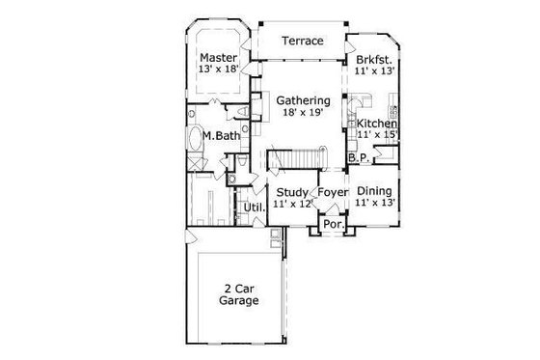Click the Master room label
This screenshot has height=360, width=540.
tap(219, 56)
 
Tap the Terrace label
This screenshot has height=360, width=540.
tap(302, 42)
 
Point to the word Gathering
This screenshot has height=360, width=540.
tap(304, 100)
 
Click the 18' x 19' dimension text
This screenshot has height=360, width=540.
tap(304, 113)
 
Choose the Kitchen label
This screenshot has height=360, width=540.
tap(378, 125)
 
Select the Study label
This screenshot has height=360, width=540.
tap(291, 192)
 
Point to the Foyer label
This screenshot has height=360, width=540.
tap(333, 192)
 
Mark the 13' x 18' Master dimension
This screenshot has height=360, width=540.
tap(219, 69)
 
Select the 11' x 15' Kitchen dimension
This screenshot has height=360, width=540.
tap(378, 136)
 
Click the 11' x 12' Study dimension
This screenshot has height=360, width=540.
tap(291, 205)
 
